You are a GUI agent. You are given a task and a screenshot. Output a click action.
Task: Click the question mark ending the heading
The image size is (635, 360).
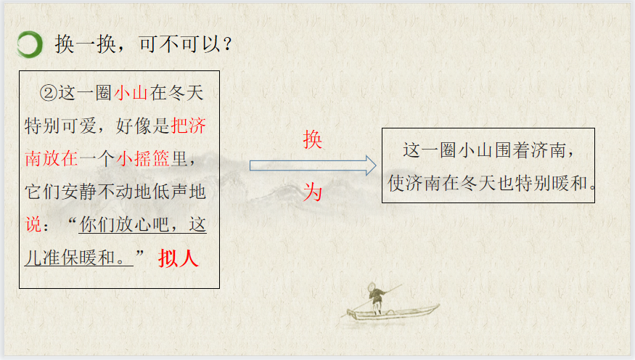(228, 44)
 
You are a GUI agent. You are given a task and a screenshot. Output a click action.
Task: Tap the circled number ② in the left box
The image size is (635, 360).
(48, 93)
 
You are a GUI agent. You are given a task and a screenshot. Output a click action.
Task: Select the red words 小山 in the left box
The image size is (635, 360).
(131, 93)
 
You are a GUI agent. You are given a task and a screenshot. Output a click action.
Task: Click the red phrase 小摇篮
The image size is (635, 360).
(143, 158)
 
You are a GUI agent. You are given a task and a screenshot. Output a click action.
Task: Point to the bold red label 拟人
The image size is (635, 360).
(179, 258)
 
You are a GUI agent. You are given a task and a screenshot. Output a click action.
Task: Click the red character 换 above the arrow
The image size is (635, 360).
(313, 139)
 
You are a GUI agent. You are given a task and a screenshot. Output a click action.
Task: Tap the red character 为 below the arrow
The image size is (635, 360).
(313, 192)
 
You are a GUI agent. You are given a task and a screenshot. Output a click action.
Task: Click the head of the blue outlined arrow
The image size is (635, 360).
(371, 165)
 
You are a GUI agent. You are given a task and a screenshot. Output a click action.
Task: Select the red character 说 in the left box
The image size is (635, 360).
(33, 224)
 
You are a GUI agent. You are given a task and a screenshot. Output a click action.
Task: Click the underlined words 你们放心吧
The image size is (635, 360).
(124, 224)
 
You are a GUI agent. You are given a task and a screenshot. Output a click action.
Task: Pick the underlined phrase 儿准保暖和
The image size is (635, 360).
(70, 258)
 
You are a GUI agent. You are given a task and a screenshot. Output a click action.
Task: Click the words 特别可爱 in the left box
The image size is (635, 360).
(60, 126)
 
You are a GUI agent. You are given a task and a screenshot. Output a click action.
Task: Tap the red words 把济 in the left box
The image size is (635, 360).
(189, 126)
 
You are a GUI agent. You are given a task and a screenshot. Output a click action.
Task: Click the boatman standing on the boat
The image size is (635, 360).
(375, 298)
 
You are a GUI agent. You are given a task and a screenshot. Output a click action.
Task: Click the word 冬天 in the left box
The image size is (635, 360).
(186, 93)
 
